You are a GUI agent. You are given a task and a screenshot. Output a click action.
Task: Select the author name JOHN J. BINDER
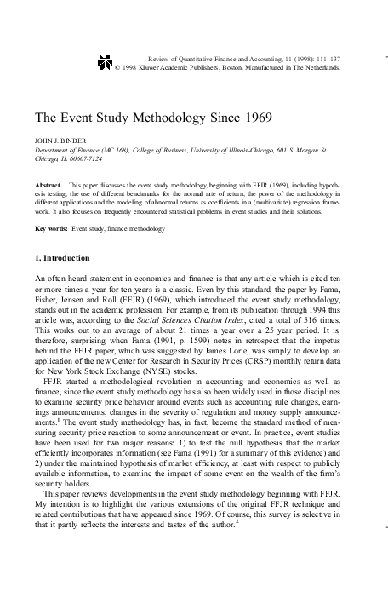click(x=60, y=138)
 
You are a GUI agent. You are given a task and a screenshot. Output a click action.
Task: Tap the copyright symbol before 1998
click(x=117, y=66)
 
